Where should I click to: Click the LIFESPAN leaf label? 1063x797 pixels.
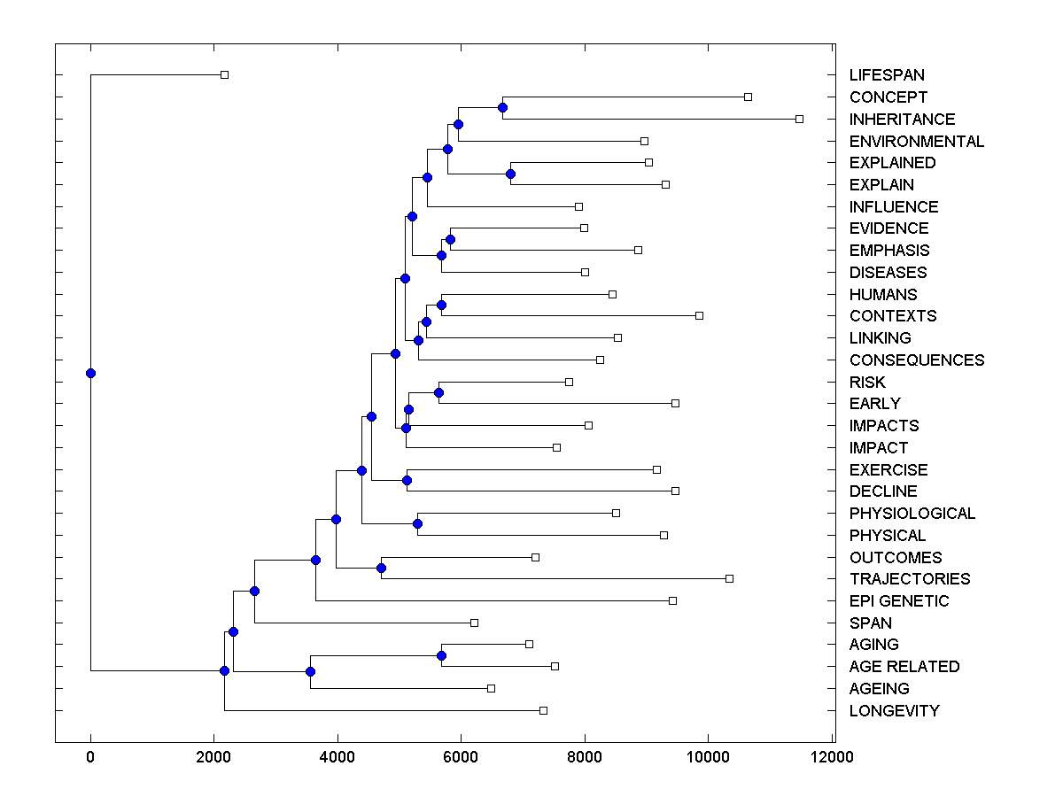887,75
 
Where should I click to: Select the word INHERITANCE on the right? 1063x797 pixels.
902,119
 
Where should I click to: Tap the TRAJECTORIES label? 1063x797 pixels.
909,579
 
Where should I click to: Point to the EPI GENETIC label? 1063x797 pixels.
898,601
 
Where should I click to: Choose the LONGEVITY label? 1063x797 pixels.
894,711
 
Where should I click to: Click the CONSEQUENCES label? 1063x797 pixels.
916,360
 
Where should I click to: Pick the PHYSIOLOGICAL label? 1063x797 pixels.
912,514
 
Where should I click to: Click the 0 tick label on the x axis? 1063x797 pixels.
90,757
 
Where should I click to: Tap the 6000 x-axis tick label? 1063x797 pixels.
461,757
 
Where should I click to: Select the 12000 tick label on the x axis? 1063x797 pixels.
832,757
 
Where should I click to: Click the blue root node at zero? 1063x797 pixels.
90,373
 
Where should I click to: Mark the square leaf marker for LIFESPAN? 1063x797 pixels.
224,74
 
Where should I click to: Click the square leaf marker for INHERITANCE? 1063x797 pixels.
799,119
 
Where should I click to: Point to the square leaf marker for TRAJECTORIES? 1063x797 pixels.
729,578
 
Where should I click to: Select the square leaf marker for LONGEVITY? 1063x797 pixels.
543,710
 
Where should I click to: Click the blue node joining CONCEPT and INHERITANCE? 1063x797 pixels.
502,107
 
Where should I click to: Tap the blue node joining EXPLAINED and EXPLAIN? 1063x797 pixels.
510,174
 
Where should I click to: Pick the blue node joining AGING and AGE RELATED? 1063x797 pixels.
441,655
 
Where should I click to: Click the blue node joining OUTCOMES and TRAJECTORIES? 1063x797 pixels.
381,568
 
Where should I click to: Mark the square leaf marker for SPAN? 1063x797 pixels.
474,623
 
